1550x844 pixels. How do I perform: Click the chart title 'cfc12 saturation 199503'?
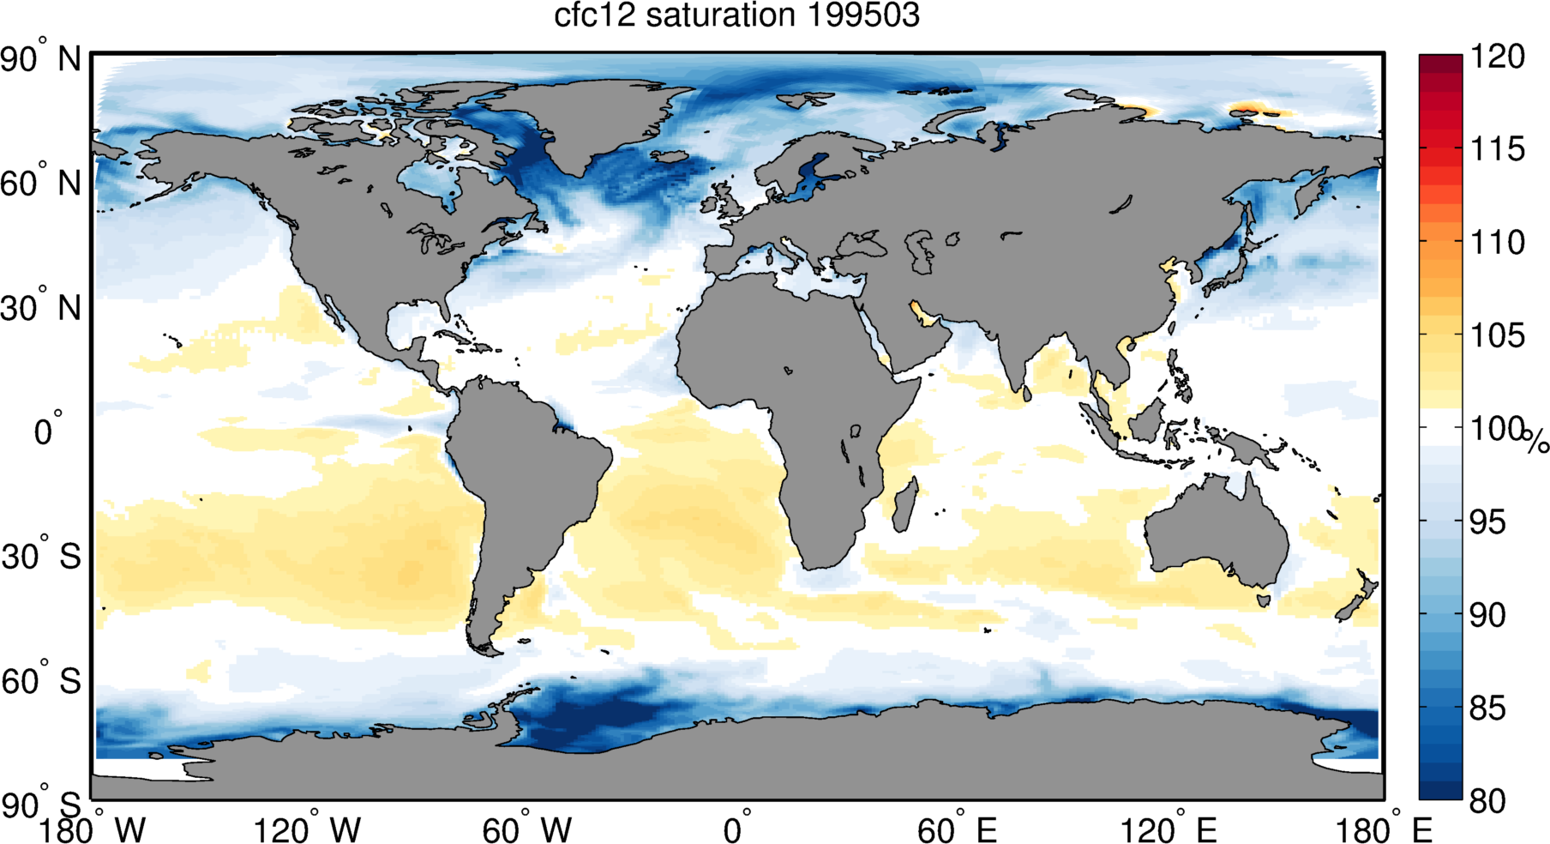pyautogui.click(x=736, y=15)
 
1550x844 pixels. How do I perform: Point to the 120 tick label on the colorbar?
pyautogui.click(x=1497, y=57)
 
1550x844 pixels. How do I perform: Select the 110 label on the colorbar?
pyautogui.click(x=1497, y=242)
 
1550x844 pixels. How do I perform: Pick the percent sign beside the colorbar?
pyautogui.click(x=1536, y=442)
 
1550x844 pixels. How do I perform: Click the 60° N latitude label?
pyautogui.click(x=41, y=184)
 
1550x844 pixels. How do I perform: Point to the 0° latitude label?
pyautogui.click(x=47, y=431)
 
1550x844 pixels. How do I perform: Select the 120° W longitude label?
pyautogui.click(x=307, y=830)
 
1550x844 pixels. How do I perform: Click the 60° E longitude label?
pyautogui.click(x=957, y=830)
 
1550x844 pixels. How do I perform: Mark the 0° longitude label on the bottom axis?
pyautogui.click(x=736, y=830)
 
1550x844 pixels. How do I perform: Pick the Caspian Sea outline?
pyautogui.click(x=922, y=250)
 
